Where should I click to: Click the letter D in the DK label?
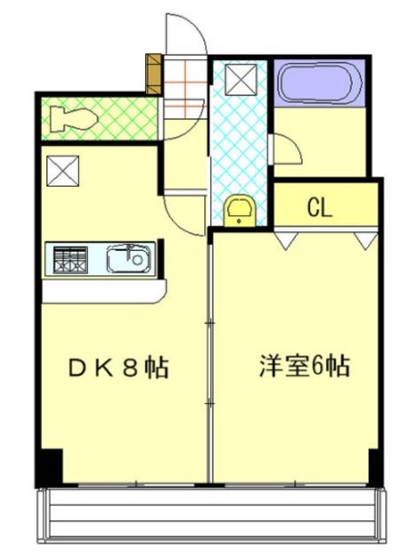point(77,368)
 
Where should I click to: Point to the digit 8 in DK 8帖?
point(131,368)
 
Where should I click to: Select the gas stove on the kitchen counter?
point(70,258)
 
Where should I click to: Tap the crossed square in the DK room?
point(63,169)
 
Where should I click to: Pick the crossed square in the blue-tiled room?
point(241,80)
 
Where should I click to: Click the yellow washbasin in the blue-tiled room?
point(237,211)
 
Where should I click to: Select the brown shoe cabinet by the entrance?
point(155,76)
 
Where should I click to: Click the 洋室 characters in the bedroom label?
point(283,367)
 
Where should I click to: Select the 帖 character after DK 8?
point(157,368)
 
